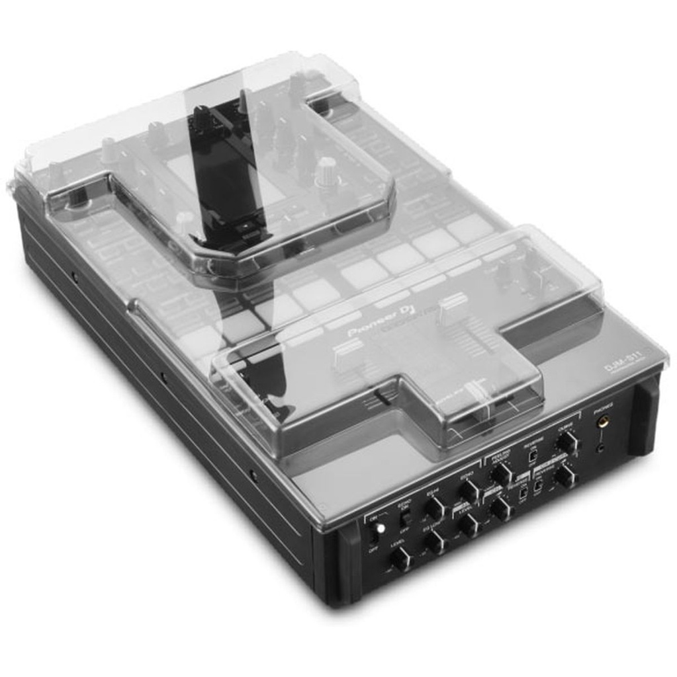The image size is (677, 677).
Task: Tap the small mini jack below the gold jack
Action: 601,447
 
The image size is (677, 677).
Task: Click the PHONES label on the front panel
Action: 604,405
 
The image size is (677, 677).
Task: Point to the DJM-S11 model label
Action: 623,366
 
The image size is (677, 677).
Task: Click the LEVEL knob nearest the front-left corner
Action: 400,559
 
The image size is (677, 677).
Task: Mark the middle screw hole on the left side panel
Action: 163,378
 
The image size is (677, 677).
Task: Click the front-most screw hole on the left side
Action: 253,474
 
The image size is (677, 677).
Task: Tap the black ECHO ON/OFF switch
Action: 405,518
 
